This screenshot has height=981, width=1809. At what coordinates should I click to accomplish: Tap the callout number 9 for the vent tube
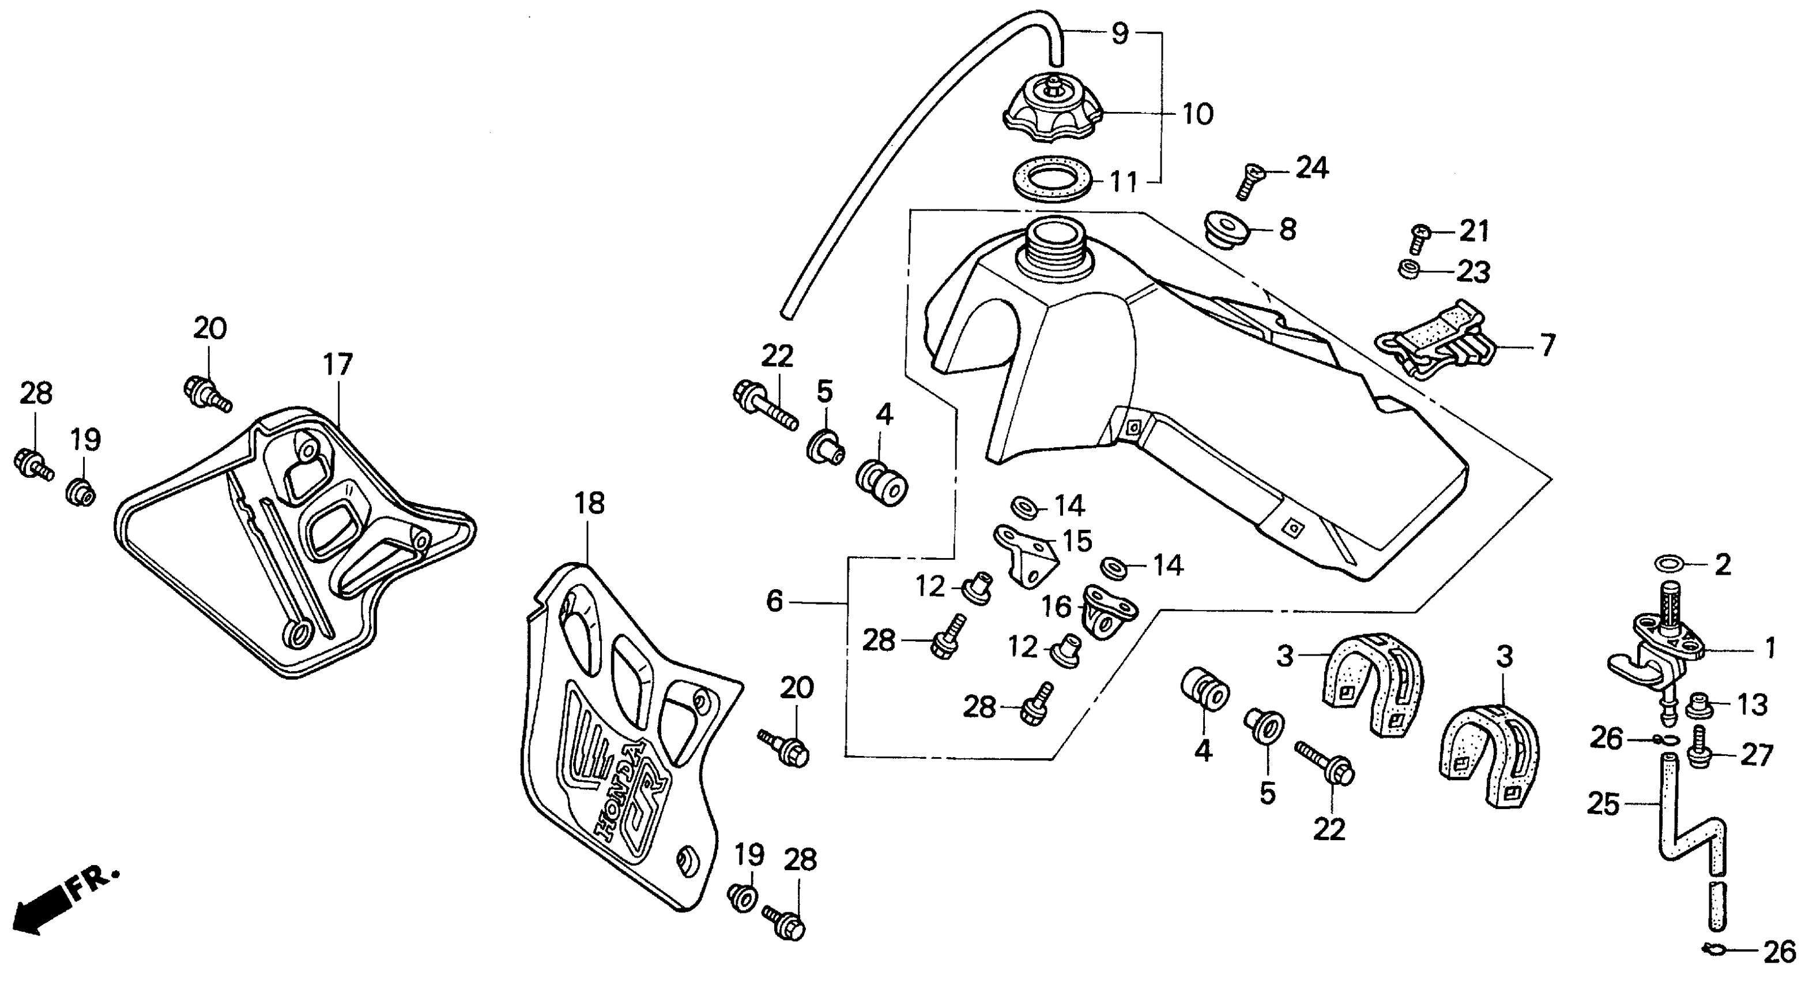pos(1120,33)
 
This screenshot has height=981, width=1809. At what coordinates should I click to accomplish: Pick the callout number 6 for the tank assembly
pos(774,601)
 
